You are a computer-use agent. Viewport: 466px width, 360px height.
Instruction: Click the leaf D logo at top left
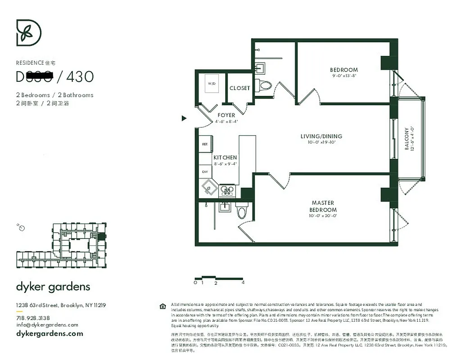point(29,33)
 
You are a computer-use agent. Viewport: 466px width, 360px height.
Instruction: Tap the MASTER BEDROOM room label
point(323,207)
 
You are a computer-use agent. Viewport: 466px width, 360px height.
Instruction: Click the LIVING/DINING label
point(321,136)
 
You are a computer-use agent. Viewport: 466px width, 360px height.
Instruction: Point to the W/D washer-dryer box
point(211,84)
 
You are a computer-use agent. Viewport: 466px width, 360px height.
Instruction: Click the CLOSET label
point(240,88)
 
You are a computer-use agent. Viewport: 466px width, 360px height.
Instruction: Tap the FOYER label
point(226,115)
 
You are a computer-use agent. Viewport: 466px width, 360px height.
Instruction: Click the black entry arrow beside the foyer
point(184,118)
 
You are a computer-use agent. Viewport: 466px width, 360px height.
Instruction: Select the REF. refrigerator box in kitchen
point(204,144)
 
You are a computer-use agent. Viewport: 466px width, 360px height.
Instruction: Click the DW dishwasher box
point(204,171)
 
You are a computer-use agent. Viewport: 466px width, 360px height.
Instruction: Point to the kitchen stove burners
point(226,191)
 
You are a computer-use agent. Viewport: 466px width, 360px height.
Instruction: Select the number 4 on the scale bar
point(243,283)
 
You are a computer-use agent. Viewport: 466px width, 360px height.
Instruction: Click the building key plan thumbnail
point(61,243)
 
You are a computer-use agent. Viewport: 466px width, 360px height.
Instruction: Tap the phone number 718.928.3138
point(33,318)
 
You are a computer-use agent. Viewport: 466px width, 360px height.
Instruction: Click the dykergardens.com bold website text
point(50,333)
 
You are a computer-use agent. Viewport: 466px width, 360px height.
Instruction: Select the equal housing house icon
point(163,306)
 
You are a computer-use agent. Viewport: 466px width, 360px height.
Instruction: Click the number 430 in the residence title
point(80,77)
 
